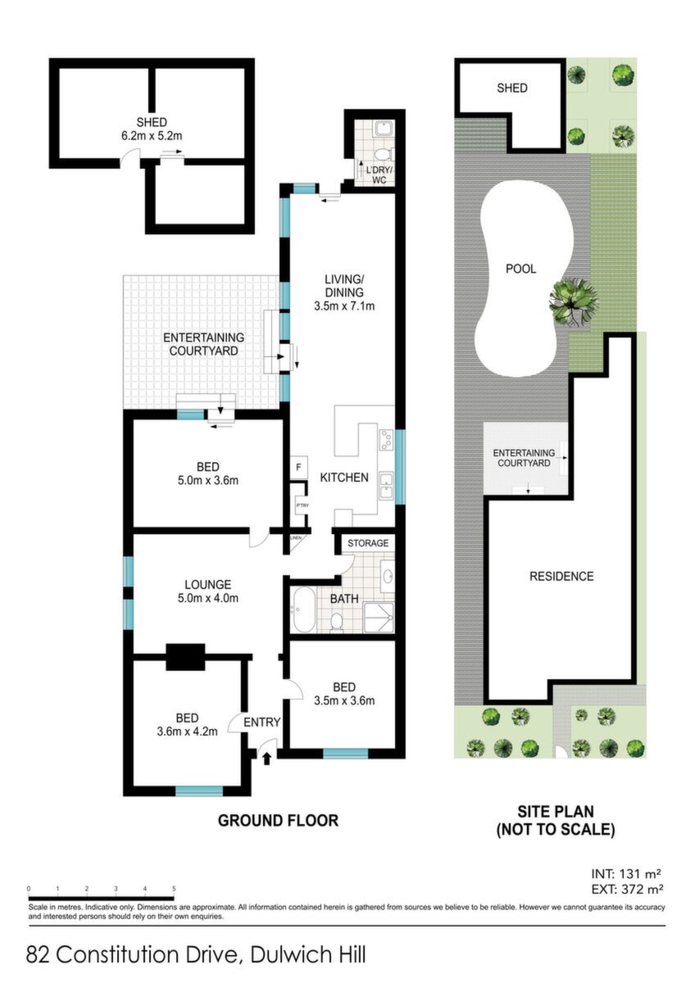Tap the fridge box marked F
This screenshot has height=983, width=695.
[x=298, y=468]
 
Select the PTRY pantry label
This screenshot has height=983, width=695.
[x=302, y=505]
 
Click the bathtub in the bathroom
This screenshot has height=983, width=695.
[x=304, y=609]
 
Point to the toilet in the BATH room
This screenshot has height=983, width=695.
[x=337, y=622]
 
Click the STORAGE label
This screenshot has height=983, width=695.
[x=368, y=543]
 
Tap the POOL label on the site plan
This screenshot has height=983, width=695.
[x=520, y=269]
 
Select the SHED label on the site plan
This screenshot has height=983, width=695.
[x=512, y=88]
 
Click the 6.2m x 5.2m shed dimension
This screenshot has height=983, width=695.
[x=152, y=136]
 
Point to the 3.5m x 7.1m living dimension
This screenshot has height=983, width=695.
[x=344, y=306]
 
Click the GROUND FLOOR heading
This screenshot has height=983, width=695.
[x=279, y=820]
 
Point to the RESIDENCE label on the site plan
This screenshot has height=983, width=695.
[x=561, y=576]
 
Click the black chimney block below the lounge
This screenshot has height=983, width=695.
[x=185, y=657]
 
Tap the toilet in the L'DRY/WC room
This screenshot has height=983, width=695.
[x=384, y=155]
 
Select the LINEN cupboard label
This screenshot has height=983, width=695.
[x=295, y=537]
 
